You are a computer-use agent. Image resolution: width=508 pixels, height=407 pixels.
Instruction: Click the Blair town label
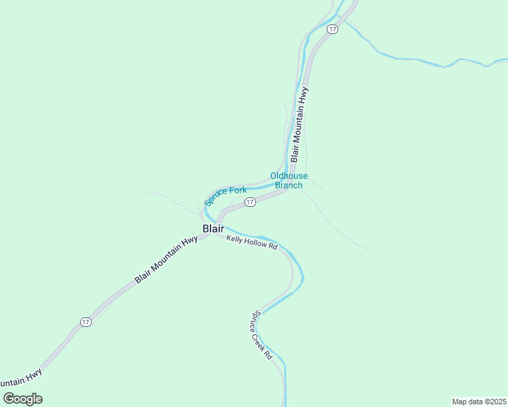pyautogui.click(x=213, y=229)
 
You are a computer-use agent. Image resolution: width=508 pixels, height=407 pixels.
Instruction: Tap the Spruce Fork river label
pyautogui.click(x=225, y=196)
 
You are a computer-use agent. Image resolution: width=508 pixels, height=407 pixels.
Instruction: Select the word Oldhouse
pyautogui.click(x=289, y=176)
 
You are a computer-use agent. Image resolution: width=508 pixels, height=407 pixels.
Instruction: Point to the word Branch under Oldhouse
pyautogui.click(x=289, y=185)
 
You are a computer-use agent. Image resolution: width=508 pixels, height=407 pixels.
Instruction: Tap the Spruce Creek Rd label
pyautogui.click(x=262, y=335)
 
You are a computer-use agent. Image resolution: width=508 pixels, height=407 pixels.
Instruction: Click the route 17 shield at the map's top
pyautogui.click(x=332, y=29)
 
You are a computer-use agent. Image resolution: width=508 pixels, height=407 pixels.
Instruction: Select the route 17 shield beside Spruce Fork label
pyautogui.click(x=250, y=202)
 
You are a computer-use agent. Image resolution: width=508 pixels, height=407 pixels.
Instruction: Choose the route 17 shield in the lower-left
pyautogui.click(x=85, y=322)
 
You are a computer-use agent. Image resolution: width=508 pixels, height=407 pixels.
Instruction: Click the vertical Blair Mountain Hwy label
pyautogui.click(x=300, y=124)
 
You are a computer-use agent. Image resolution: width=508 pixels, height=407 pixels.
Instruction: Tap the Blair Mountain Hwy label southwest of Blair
pyautogui.click(x=166, y=259)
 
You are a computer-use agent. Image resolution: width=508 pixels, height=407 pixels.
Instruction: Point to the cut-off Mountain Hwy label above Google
pyautogui.click(x=20, y=379)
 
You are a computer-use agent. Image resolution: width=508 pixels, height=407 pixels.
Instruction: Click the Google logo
pyautogui.click(x=22, y=399)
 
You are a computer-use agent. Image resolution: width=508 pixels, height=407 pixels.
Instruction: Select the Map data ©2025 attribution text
pyautogui.click(x=479, y=402)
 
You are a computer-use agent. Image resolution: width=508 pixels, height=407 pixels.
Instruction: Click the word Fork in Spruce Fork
pyautogui.click(x=238, y=191)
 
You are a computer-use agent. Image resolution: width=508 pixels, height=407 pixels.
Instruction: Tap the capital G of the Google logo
pyautogui.click(x=8, y=399)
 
